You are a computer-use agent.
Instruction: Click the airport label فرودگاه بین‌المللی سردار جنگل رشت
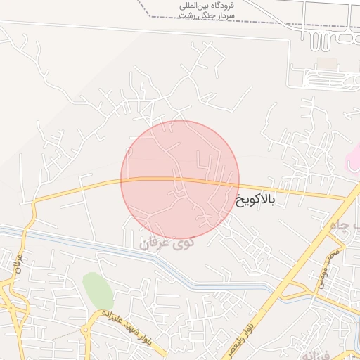[x=208, y=10]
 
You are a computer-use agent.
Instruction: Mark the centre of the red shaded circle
[x=180, y=180]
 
